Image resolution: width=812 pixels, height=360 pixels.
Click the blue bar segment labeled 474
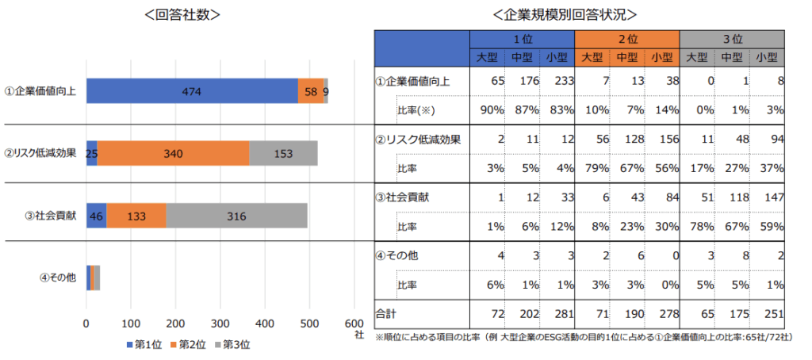coord(191,92)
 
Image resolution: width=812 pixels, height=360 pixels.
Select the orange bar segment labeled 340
coord(173,153)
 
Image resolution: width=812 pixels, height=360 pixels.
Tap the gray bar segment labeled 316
coord(236,215)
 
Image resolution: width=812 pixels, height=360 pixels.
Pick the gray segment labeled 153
coord(283,153)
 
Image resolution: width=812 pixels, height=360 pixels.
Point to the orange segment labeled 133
coord(136,215)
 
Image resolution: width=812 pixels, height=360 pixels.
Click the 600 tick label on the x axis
coord(354,324)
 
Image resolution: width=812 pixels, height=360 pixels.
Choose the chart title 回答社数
coord(182,14)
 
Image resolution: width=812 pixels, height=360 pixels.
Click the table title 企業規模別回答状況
coord(564,14)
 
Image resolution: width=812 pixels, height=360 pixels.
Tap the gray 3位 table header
coord(732,38)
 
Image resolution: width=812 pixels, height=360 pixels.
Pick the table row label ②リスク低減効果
coord(412,140)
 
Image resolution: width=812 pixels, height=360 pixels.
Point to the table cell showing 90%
coord(491,110)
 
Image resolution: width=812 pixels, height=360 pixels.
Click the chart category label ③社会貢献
coord(51,215)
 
